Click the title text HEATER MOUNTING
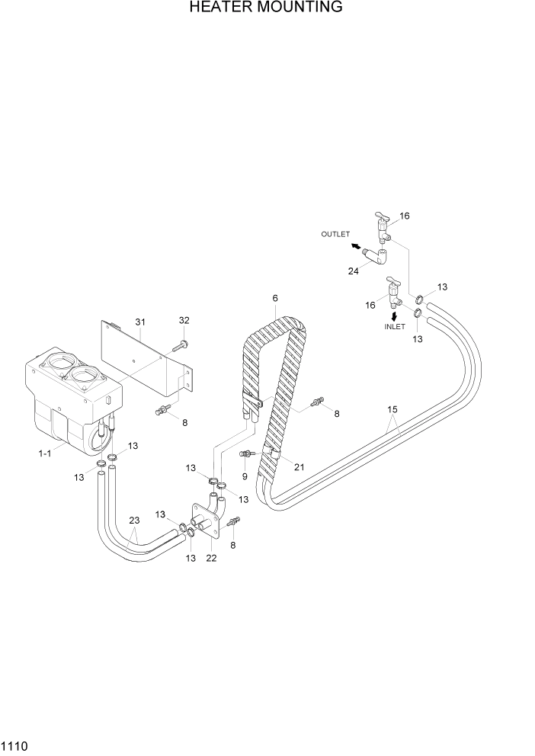[266, 8]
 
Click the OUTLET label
[335, 234]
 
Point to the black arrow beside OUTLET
[356, 245]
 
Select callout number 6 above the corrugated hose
[274, 299]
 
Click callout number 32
[184, 320]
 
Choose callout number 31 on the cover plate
[139, 322]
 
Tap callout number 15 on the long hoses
[392, 410]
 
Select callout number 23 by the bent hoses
[134, 521]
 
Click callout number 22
[211, 558]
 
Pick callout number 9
[244, 476]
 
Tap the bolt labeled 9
[245, 454]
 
